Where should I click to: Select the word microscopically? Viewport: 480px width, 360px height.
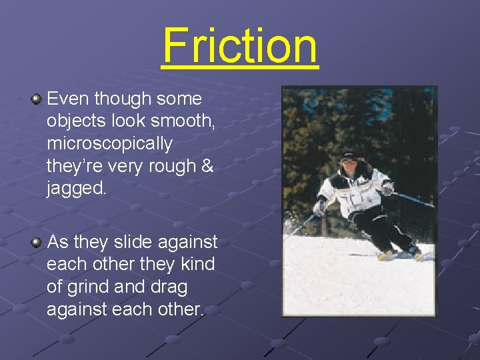point(109,144)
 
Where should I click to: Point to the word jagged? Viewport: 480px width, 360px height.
point(76,189)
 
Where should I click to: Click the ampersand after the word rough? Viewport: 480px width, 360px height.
point(207,167)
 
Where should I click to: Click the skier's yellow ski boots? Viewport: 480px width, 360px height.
point(389,254)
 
